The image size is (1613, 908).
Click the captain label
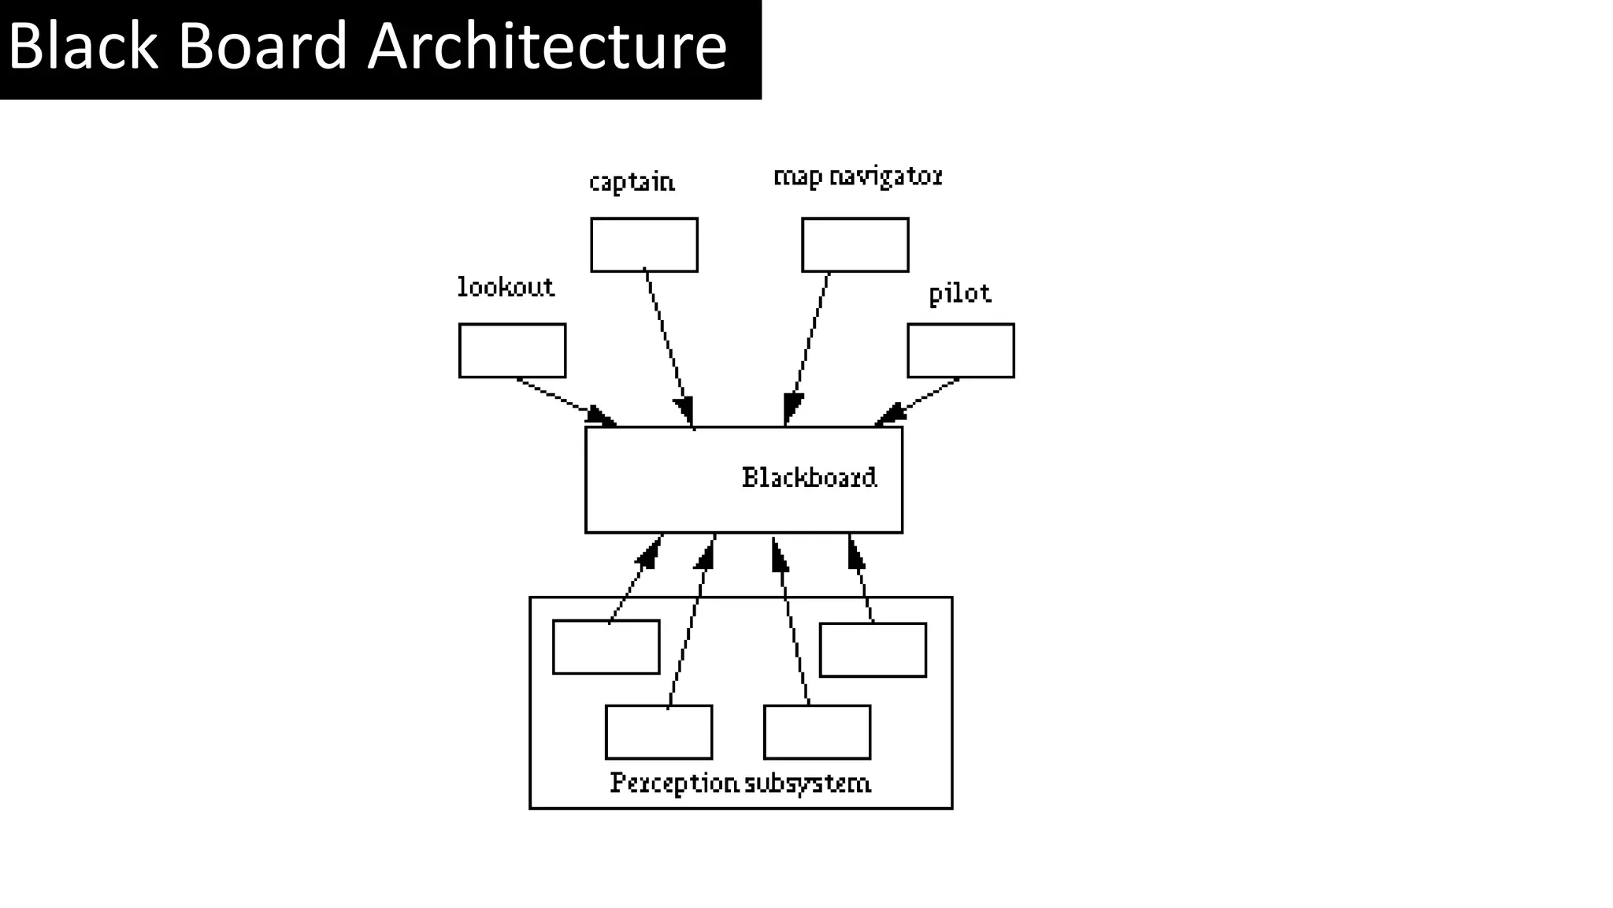pos(632,182)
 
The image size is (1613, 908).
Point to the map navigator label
pos(858,177)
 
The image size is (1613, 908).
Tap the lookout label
pos(506,287)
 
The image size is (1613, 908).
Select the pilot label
pos(959,294)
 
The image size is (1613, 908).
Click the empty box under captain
pos(644,245)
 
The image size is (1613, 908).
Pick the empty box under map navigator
pos(855,245)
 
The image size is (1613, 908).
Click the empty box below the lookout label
pos(512,351)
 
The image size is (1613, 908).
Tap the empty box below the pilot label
pos(960,351)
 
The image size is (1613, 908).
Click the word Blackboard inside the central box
pos(809,478)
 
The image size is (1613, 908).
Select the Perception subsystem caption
pos(740,783)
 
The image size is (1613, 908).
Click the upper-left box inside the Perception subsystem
pos(606,647)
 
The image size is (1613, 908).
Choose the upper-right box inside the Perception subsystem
pos(873,650)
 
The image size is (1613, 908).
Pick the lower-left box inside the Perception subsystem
pos(658,732)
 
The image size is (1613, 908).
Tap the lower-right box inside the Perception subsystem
pos(817,732)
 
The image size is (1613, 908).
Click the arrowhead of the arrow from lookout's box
pos(603,416)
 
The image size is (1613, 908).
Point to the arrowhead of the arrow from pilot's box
pos(889,415)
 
